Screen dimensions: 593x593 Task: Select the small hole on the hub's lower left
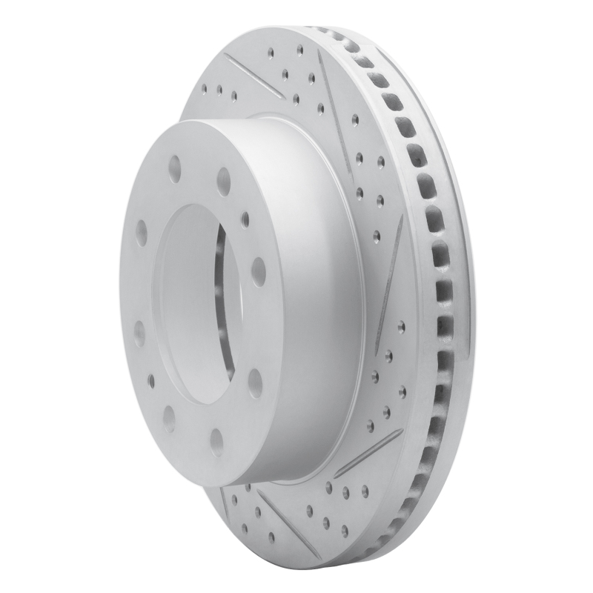point(151,380)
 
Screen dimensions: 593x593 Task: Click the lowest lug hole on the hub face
point(216,442)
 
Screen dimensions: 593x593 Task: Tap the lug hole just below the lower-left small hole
point(169,418)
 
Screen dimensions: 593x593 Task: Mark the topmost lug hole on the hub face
point(175,169)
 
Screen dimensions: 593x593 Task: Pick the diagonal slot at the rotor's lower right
point(368,451)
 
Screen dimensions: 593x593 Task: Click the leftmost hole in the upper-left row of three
point(204,88)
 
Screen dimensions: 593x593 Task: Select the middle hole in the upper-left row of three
point(219,91)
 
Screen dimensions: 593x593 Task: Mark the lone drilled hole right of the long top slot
point(356,119)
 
